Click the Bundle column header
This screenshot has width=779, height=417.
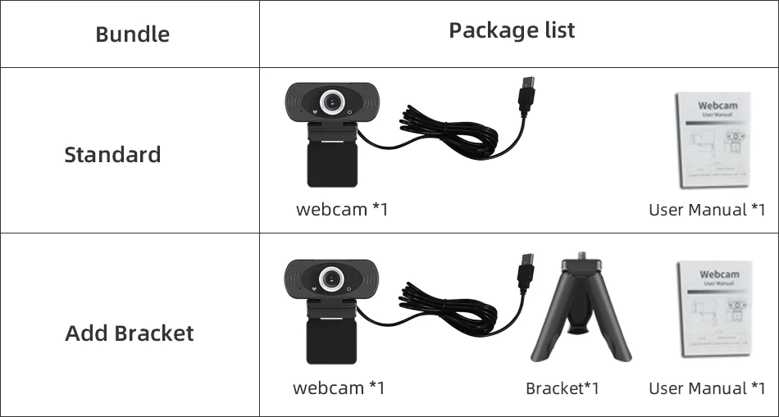pos(132,34)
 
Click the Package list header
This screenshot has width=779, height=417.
pos(512,31)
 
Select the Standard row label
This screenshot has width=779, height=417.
pos(112,155)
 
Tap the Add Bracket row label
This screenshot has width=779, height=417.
pos(129,333)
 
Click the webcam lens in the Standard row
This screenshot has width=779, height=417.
pos(332,102)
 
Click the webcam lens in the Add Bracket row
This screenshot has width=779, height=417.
pos(332,279)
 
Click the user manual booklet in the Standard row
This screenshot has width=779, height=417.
pos(713,140)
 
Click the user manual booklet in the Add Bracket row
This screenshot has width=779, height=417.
pos(714,310)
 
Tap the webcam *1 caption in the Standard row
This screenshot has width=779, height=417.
pos(342,209)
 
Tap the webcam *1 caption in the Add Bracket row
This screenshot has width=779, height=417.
pos(339,388)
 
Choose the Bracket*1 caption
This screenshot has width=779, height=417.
pos(562,388)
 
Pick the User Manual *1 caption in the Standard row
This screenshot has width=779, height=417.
pos(707,210)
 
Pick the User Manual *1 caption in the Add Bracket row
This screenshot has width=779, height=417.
pos(707,388)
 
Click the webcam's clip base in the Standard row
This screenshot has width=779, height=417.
pos(331,161)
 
